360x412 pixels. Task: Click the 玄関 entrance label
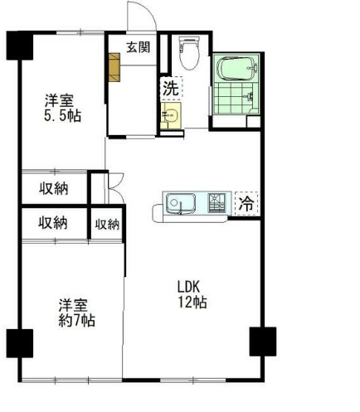(138, 47)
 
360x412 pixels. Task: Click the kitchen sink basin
(179, 202)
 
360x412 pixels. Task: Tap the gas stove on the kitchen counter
(217, 201)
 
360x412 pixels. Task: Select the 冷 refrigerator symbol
(246, 202)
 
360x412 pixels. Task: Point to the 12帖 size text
(192, 303)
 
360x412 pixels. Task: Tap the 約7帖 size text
(75, 319)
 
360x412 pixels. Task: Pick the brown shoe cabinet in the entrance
(115, 66)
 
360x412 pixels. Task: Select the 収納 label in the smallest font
(107, 224)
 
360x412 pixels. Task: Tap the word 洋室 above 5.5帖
(60, 100)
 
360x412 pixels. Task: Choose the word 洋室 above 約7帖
(74, 303)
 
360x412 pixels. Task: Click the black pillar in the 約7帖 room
(18, 342)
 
